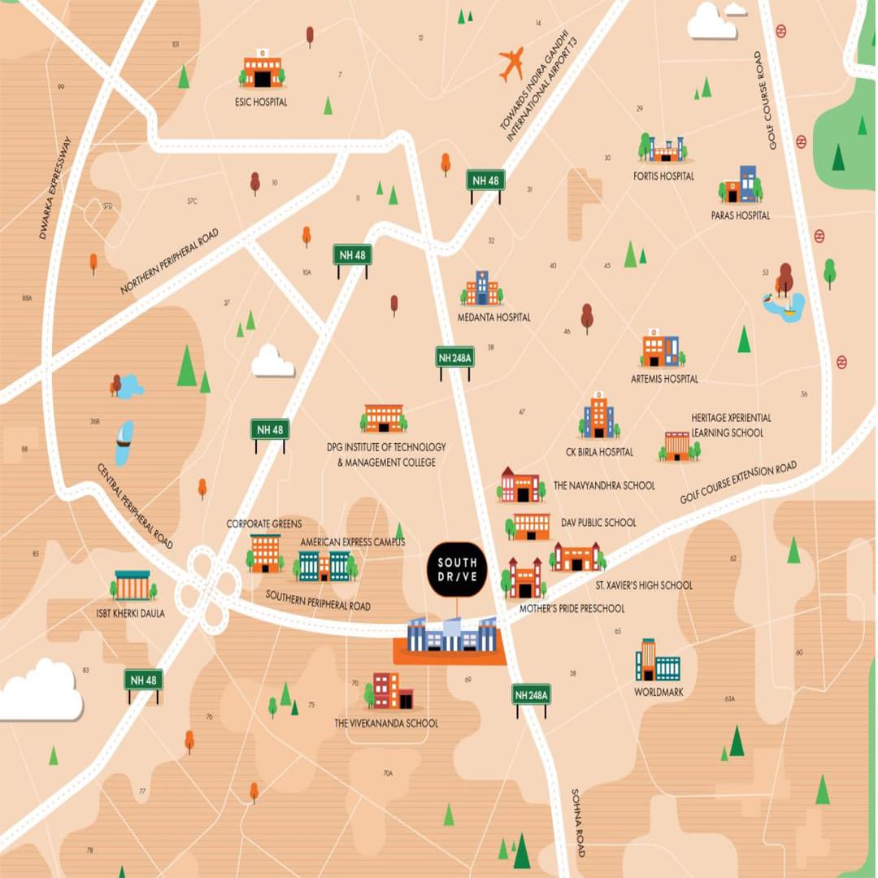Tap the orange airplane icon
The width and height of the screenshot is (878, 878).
click(511, 64)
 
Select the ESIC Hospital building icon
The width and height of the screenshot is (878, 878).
click(262, 71)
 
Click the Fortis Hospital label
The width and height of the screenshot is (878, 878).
click(664, 176)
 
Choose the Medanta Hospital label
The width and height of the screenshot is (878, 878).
click(493, 317)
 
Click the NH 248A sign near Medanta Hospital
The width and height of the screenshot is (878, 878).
click(454, 358)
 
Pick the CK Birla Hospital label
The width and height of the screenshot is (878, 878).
click(599, 452)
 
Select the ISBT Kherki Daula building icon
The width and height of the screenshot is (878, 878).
click(132, 585)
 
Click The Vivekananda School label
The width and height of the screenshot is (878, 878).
click(386, 724)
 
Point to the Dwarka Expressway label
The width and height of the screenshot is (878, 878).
click(55, 188)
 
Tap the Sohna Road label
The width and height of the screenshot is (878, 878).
click(578, 822)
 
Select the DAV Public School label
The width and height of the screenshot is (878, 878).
click(598, 523)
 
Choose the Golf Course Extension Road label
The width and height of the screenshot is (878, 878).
click(738, 483)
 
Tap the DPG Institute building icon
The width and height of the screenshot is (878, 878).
click(383, 419)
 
